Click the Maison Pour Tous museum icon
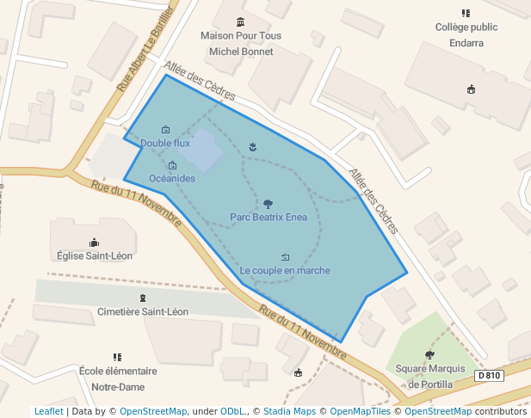pyautogui.click(x=240, y=22)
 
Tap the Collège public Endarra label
pyautogui.click(x=466, y=33)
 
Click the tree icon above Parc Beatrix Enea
pyautogui.click(x=268, y=204)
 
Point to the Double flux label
pyautogui.click(x=165, y=143)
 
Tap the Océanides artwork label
pyautogui.click(x=172, y=178)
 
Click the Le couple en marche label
pyautogui.click(x=285, y=270)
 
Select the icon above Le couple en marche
pyautogui.click(x=285, y=256)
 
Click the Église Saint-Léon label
pyautogui.click(x=94, y=255)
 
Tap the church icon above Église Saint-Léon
pyautogui.click(x=94, y=243)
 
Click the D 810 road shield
pyautogui.click(x=488, y=376)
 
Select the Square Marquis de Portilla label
pyautogui.click(x=429, y=376)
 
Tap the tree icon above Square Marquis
pyautogui.click(x=429, y=354)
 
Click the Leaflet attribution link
pyautogui.click(x=48, y=411)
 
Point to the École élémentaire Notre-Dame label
pyautogui.click(x=118, y=378)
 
